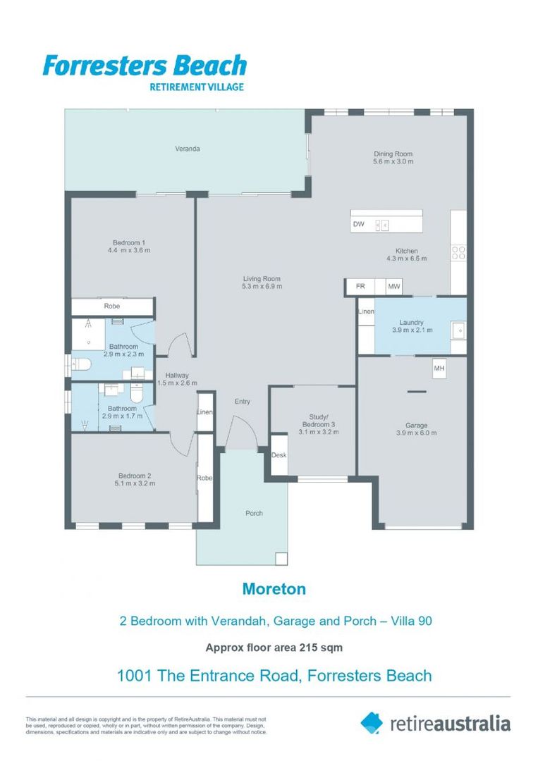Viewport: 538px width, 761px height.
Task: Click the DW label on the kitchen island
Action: click(x=359, y=225)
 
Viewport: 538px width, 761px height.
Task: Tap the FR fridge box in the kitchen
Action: click(x=360, y=287)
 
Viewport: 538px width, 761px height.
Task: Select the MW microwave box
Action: click(x=393, y=287)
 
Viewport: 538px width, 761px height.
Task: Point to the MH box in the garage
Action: click(x=439, y=369)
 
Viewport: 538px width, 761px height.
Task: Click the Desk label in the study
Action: click(x=279, y=455)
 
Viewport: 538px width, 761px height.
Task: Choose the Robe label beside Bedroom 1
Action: click(x=112, y=307)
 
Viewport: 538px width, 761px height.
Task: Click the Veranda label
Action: click(x=188, y=149)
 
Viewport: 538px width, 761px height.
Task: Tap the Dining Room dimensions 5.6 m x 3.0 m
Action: click(x=393, y=161)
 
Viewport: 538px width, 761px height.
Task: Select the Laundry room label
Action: click(x=411, y=323)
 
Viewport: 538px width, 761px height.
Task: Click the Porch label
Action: click(x=254, y=513)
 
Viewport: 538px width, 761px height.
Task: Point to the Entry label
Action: click(x=242, y=402)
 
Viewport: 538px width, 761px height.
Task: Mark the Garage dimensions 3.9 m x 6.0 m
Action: click(x=416, y=433)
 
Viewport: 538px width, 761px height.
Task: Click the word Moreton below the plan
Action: click(x=274, y=589)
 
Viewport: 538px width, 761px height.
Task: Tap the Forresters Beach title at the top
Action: click(x=145, y=66)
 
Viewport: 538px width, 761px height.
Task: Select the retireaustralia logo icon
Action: click(x=371, y=722)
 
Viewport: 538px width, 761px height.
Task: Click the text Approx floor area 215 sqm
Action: click(x=274, y=647)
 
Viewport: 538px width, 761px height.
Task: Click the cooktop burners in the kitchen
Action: click(x=458, y=252)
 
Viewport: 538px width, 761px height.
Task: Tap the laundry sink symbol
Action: click(x=458, y=329)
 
